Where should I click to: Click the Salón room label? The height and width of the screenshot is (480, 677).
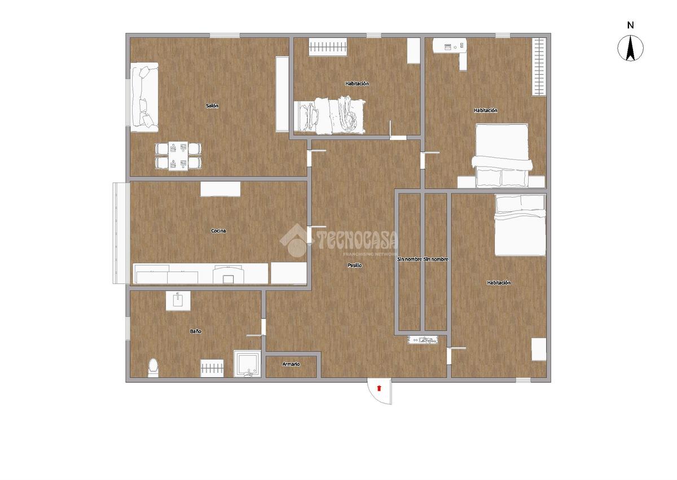(212, 106)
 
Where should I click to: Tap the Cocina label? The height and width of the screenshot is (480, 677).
(218, 231)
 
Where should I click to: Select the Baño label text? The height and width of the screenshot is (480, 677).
(196, 331)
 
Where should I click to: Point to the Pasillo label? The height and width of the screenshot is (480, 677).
(354, 265)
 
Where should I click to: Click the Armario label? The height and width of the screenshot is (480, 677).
(291, 364)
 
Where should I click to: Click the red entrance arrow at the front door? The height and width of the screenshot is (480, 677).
(379, 388)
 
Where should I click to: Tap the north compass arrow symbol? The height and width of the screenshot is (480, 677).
(630, 49)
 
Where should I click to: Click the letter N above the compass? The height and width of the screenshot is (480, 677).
(631, 25)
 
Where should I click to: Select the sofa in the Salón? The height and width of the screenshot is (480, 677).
(144, 97)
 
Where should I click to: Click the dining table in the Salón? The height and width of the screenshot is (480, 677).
(178, 156)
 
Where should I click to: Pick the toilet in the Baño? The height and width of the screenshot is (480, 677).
(153, 368)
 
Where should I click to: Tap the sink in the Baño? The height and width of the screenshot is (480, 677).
(178, 300)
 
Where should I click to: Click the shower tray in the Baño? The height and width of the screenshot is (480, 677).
(247, 364)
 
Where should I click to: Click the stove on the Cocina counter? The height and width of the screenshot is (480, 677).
(227, 274)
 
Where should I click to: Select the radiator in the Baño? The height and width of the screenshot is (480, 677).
(212, 368)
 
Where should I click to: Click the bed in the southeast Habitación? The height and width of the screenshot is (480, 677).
(520, 225)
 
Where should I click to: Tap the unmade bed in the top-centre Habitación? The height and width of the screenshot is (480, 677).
(329, 115)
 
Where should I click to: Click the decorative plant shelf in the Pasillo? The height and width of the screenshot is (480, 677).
(423, 340)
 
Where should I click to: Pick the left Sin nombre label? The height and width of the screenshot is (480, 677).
(410, 259)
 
